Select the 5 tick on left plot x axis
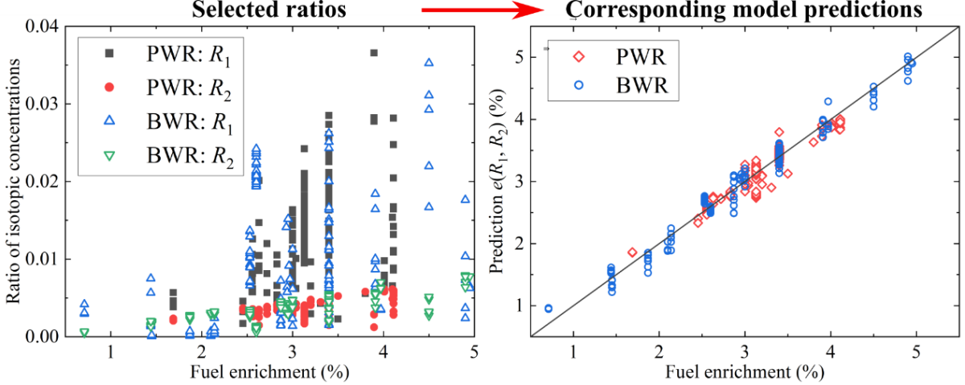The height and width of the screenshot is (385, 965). tap(474, 352)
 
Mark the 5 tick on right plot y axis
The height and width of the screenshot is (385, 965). tap(520, 58)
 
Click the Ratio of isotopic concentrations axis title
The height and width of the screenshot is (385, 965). tap(14, 181)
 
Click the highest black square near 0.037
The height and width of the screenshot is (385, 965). tap(374, 53)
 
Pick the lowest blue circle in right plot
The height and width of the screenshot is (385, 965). tap(548, 308)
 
